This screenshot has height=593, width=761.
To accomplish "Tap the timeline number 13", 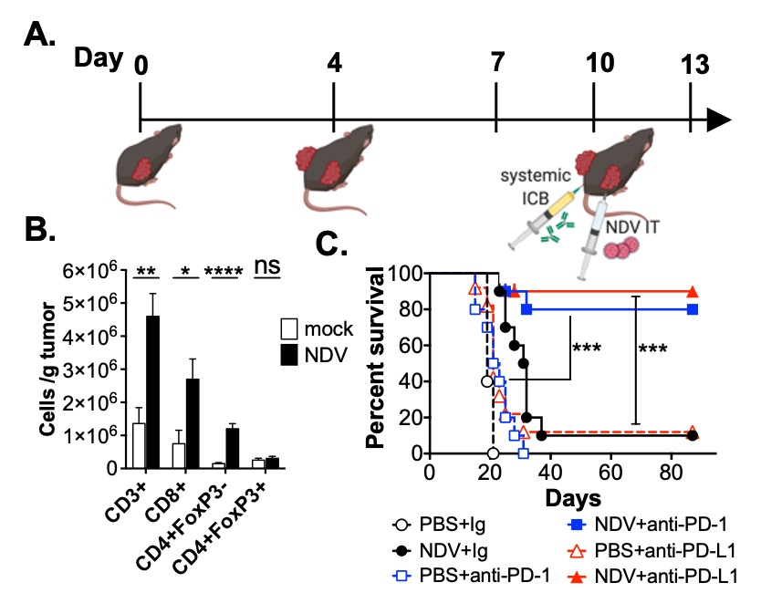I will [x=691, y=66].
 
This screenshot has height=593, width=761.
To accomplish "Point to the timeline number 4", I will [x=336, y=65].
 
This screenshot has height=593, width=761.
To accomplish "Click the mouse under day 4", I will [x=334, y=165].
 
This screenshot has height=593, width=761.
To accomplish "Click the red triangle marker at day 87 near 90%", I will [x=693, y=292].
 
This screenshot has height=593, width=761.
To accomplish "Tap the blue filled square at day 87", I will [x=693, y=309].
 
